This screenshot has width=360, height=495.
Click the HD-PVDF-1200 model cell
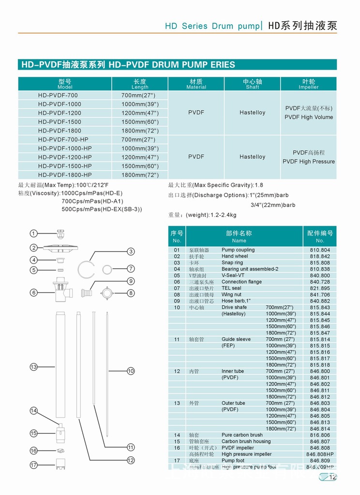[58, 113]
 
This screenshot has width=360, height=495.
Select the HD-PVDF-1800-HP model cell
[65, 175]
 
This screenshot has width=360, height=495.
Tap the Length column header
[140, 84]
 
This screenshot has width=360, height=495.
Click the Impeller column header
[309, 84]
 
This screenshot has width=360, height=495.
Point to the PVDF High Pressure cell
[309, 157]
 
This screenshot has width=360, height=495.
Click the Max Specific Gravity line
[216, 185]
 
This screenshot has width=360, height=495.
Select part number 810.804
[320, 250]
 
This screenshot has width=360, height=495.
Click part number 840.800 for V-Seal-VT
[320, 276]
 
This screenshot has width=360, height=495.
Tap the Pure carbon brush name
[242, 435]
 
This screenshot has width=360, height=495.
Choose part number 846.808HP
[320, 454]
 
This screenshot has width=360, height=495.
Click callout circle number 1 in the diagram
[33, 233]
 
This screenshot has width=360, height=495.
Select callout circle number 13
[33, 367]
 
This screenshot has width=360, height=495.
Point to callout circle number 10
[131, 371]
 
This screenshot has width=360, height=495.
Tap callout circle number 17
[33, 465]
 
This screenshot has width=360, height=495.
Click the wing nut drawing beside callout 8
[106, 293]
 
